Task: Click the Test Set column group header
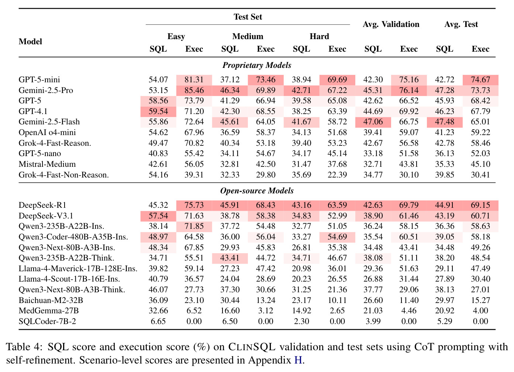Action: click(248, 17)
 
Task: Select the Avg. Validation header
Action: click(391, 24)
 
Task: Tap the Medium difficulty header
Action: click(248, 36)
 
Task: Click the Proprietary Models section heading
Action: click(257, 65)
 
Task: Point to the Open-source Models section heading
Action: click(257, 191)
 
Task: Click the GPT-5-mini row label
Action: click(39, 80)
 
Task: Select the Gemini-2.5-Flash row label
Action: click(49, 122)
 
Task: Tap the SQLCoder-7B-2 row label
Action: click(47, 321)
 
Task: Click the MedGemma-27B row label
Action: click(49, 311)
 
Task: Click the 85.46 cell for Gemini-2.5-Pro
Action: click(194, 90)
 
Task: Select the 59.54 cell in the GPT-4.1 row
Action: click(158, 111)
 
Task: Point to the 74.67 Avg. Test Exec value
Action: click(480, 80)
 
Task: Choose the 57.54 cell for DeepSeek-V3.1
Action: click(158, 216)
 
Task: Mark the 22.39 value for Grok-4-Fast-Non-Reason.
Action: click(337, 175)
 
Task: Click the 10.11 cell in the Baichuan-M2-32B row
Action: click(337, 300)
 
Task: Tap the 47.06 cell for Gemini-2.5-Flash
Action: click(373, 122)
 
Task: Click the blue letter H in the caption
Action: click(298, 360)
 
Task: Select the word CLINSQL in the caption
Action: click(252, 347)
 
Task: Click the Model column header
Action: click(30, 42)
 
